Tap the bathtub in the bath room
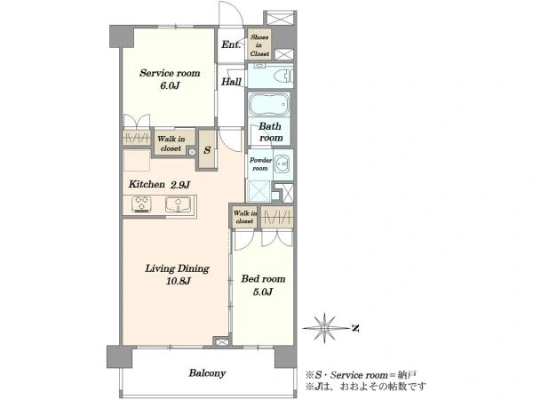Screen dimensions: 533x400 (x=269, y=104)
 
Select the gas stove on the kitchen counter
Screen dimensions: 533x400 (x=141, y=204)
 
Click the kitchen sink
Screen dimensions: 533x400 (x=179, y=204)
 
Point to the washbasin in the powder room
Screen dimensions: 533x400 (x=282, y=164)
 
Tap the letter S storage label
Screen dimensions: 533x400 (x=207, y=150)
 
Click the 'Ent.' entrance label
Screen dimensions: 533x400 (x=231, y=44)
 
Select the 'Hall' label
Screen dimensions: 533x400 (x=231, y=81)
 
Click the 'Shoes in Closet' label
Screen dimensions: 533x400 (x=259, y=45)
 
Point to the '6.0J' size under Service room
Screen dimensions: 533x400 (x=170, y=85)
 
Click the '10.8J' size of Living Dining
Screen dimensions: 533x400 (x=179, y=281)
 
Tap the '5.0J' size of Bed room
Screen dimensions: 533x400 (x=263, y=292)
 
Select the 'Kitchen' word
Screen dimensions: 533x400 (x=147, y=184)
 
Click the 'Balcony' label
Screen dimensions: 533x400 (x=207, y=373)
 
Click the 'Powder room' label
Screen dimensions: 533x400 (x=260, y=164)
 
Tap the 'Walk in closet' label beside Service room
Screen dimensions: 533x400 (x=171, y=143)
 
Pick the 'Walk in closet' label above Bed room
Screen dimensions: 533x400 (x=245, y=217)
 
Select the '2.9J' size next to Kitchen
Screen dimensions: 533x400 (x=180, y=185)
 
